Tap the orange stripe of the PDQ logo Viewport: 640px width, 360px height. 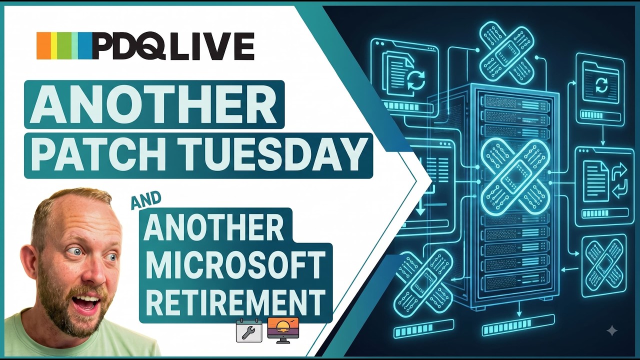(43, 45)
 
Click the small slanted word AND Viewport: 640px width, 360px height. (145, 200)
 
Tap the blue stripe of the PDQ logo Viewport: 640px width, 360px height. (86, 45)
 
